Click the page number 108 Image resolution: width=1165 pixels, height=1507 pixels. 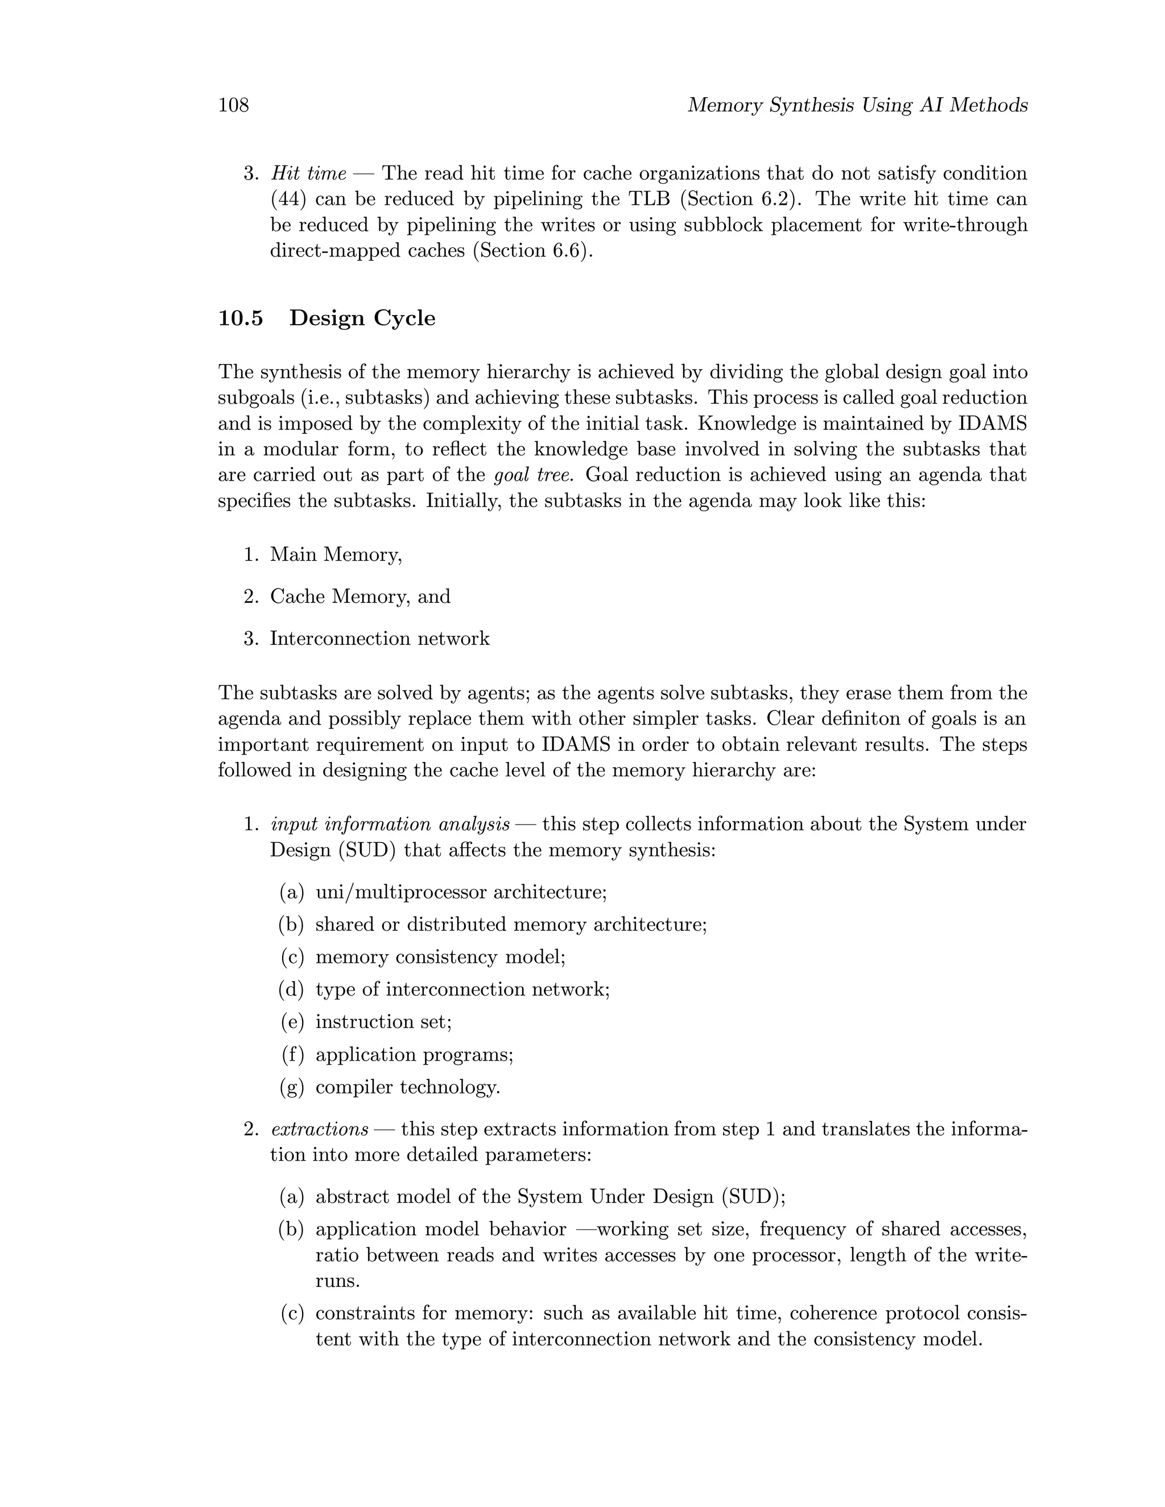click(x=233, y=106)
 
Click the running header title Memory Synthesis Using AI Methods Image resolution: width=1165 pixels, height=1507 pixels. click(x=857, y=106)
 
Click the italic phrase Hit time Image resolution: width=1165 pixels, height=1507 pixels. click(x=308, y=173)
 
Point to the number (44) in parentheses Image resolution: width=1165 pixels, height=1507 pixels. click(x=287, y=200)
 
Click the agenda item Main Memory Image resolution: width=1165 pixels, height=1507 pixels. click(x=336, y=554)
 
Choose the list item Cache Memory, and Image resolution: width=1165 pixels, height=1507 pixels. click(x=360, y=596)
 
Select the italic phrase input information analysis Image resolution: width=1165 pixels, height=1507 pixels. click(x=390, y=825)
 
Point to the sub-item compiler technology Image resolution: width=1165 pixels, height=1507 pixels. click(x=407, y=1087)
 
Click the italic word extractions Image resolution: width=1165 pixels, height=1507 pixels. click(x=320, y=1129)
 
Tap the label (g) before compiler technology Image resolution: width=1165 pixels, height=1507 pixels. click(x=291, y=1087)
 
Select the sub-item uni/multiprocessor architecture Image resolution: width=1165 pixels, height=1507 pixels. click(x=460, y=892)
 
